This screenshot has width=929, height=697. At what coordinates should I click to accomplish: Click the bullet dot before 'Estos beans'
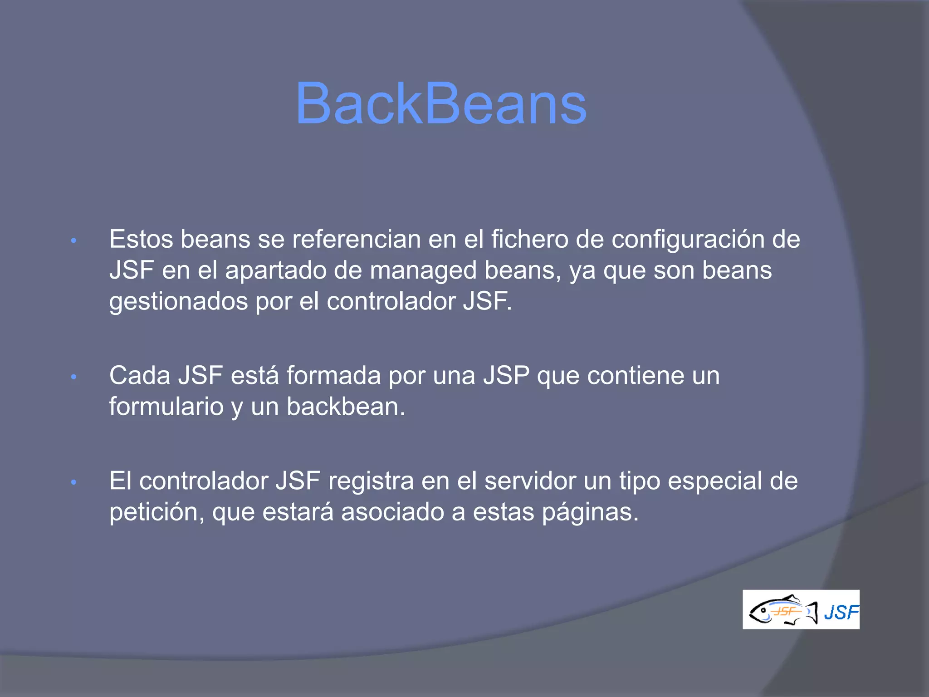pyautogui.click(x=74, y=241)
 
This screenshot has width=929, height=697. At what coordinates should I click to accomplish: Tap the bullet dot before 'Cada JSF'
pyautogui.click(x=74, y=377)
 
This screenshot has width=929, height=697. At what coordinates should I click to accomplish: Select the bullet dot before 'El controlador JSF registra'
pyautogui.click(x=74, y=482)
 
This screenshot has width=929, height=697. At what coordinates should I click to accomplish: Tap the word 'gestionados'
pyautogui.click(x=178, y=302)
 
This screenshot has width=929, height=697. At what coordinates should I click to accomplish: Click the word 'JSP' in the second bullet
pyautogui.click(x=506, y=376)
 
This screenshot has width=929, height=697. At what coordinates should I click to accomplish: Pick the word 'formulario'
pyautogui.click(x=166, y=407)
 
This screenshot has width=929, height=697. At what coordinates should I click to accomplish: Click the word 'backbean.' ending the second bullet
pyautogui.click(x=346, y=407)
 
